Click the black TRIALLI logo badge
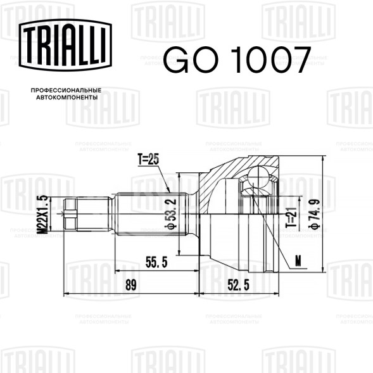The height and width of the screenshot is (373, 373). pyautogui.click(x=65, y=45)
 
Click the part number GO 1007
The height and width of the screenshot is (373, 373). pyautogui.click(x=237, y=60)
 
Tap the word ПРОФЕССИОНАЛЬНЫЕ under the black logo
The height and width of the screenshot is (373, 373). pyautogui.click(x=66, y=91)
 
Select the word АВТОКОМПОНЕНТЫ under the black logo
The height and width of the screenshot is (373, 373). pyautogui.click(x=67, y=98)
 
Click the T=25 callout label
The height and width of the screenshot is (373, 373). pyautogui.click(x=148, y=160)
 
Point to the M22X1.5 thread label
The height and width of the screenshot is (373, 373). pyautogui.click(x=43, y=215)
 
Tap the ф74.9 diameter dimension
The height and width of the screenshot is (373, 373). pyautogui.click(x=314, y=214)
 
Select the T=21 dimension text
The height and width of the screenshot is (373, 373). pyautogui.click(x=291, y=217)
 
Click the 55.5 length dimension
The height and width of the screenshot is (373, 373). pyautogui.click(x=156, y=262)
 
